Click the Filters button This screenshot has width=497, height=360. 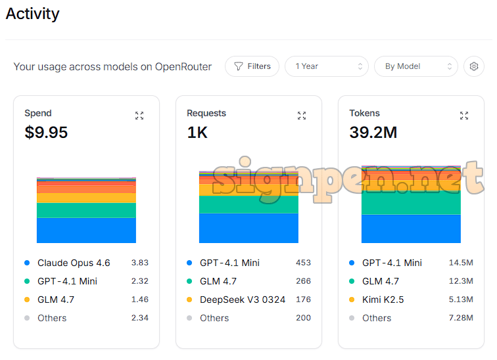252,66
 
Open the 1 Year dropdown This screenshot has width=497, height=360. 326,66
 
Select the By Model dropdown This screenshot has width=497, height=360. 415,66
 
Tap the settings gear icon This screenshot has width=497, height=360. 473,66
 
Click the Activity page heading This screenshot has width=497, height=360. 33,14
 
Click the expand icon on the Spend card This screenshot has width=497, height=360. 139,116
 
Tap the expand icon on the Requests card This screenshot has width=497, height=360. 302,116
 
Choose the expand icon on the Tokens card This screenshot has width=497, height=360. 464,116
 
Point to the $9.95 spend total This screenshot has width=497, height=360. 46,133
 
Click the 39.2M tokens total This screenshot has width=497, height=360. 373,133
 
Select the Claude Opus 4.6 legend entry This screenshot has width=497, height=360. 74,263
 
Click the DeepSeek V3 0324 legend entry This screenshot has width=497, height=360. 243,300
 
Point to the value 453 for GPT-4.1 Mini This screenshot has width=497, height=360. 303,263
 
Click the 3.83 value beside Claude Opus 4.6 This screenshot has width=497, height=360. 139,263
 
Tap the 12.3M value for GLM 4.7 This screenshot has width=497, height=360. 461,281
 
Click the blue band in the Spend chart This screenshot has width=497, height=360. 86,231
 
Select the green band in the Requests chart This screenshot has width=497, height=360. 248,204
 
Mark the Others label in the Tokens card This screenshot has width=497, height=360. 377,318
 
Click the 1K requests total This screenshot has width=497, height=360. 197,133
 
